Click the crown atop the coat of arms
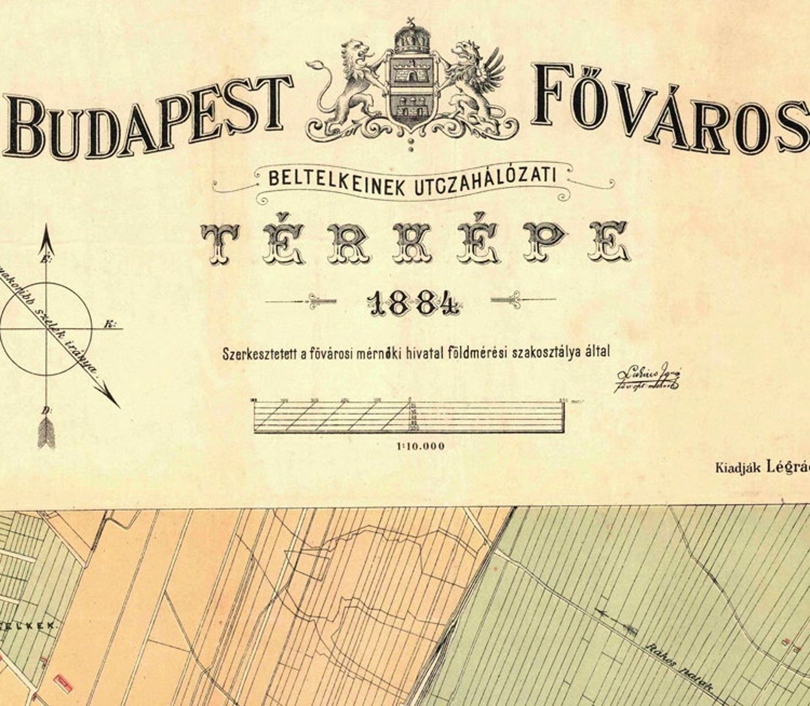[x=411, y=38]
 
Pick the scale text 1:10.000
[x=421, y=447]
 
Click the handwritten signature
[x=647, y=378]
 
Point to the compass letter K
[x=109, y=324]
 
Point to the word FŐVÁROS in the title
[x=668, y=110]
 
